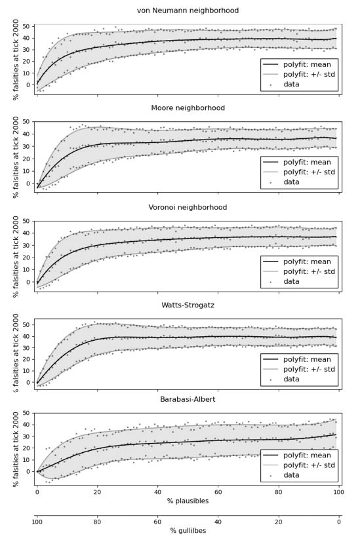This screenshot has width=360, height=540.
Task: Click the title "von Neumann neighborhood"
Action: [188, 10]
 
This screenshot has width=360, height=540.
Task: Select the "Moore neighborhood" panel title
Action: [188, 108]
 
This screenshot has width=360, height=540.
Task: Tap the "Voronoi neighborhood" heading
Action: [188, 207]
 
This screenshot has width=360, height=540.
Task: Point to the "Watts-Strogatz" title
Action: [188, 305]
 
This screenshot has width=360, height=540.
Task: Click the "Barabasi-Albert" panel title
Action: [188, 399]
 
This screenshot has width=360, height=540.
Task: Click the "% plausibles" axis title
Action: [188, 501]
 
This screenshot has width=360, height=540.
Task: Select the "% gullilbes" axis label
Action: [188, 531]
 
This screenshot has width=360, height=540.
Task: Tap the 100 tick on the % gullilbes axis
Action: [37, 522]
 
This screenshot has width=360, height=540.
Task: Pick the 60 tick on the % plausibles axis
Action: [218, 492]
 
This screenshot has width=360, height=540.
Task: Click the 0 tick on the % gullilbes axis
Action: [339, 522]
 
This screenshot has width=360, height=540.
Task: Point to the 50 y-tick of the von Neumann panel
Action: [26, 26]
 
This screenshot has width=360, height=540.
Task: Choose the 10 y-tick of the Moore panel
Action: [26, 171]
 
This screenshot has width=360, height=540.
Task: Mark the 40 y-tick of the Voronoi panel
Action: [26, 233]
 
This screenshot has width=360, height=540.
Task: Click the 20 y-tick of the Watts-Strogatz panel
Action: [26, 359]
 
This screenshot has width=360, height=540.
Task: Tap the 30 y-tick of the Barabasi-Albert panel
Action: [26, 436]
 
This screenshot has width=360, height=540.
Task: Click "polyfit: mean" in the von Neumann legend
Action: [307, 64]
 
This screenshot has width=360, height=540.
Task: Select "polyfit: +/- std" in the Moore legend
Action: [309, 172]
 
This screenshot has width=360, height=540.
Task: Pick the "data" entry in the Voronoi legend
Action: [291, 281]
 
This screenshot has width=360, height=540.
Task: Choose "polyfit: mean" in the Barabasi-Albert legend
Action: [307, 455]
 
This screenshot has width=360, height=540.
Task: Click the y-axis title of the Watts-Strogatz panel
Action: [16, 353]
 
